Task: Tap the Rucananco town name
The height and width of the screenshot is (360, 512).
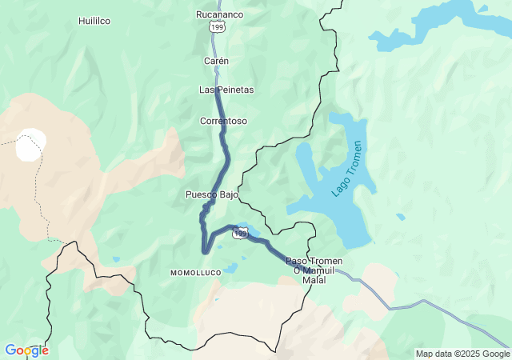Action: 219,14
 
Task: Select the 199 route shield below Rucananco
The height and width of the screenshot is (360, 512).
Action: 218,27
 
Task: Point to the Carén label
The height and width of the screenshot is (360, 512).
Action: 216,61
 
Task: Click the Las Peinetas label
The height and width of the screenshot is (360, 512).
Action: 226,90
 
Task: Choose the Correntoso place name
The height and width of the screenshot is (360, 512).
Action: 223,121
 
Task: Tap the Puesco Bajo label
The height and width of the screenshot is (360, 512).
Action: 212,194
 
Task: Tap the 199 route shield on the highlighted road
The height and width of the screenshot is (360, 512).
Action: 241,233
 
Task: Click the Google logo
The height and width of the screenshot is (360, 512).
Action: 26,350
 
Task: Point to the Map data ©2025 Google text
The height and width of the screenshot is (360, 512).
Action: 462,354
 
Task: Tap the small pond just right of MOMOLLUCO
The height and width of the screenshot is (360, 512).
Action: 230,269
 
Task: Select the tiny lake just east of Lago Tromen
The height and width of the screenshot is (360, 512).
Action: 400,217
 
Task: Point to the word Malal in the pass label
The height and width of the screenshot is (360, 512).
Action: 314,280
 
